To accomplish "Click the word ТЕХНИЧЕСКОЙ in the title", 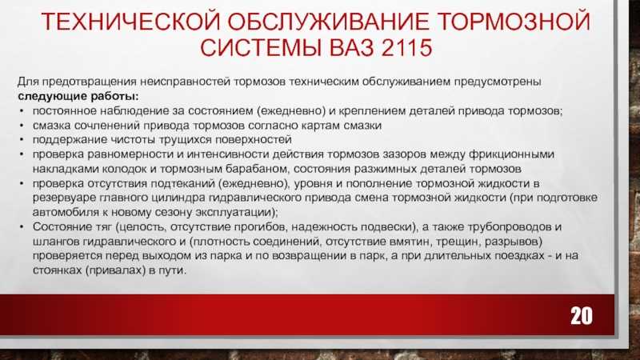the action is click(x=131, y=22).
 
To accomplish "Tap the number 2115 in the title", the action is click(x=407, y=48).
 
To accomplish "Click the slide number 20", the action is click(x=582, y=315).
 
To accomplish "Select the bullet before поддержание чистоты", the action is click(x=22, y=140).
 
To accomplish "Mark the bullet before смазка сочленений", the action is click(x=22, y=126).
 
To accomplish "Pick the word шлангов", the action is click(x=55, y=242).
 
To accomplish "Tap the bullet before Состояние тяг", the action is click(x=22, y=227).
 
